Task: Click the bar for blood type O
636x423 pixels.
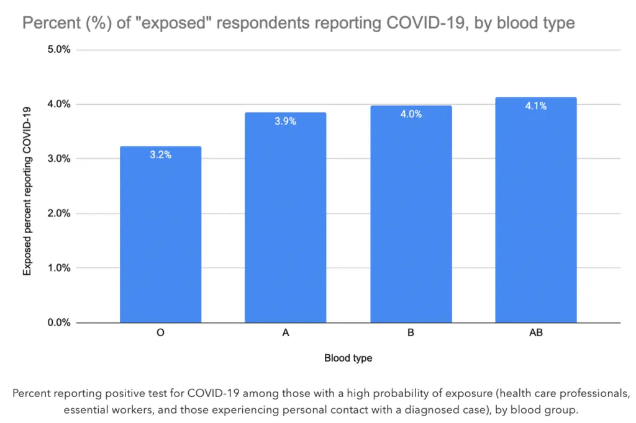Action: [161, 234]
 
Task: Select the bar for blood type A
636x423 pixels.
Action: [286, 218]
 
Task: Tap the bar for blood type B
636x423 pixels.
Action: [411, 214]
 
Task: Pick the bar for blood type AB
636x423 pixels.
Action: [536, 210]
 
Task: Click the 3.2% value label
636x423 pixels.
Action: [161, 155]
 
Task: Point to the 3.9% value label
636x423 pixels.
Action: [286, 121]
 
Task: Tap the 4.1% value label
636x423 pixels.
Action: [536, 106]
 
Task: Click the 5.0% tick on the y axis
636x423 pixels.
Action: [59, 50]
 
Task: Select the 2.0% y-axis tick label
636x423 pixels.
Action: [59, 213]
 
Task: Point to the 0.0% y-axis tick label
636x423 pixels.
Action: [59, 323]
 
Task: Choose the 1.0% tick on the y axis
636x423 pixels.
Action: [59, 268]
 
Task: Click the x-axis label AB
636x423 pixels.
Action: [536, 332]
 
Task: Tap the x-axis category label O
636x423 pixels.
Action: [161, 332]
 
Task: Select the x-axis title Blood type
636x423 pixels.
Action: [348, 358]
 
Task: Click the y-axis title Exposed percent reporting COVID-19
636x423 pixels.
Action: [27, 191]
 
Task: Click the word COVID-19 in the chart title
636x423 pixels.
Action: [426, 23]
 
